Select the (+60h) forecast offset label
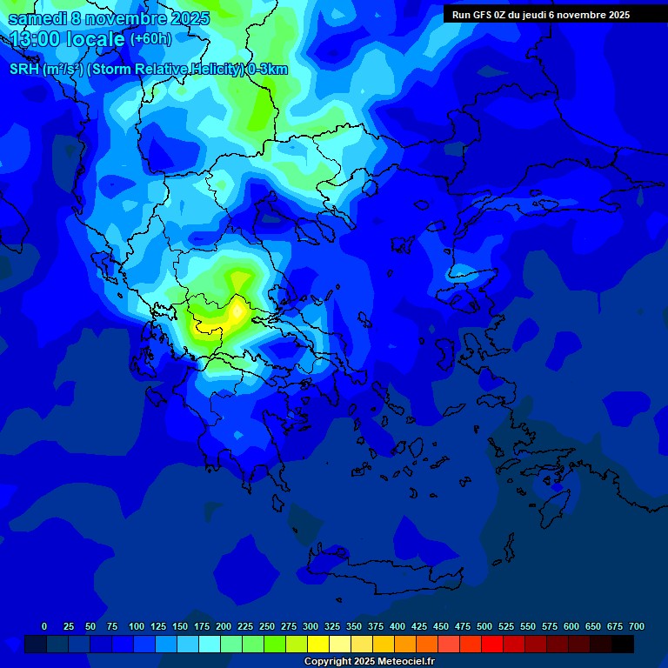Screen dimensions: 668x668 coord(150,39)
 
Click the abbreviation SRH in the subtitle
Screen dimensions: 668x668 coord(24,70)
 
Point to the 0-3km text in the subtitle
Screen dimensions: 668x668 coord(267,70)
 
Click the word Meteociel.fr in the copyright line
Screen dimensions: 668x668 coord(403,662)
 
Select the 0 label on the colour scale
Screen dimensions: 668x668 coord(44,626)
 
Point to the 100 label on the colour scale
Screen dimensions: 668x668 coord(137,626)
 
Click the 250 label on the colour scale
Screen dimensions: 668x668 coord(267,626)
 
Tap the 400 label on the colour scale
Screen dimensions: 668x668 coord(397,626)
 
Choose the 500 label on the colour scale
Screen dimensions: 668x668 coord(484,626)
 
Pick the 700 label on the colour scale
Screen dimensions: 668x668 coord(637,626)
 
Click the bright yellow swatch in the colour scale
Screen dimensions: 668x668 coord(318,644)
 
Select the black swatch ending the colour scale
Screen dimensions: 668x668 coord(623,644)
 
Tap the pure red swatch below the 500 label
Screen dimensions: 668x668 coord(492,644)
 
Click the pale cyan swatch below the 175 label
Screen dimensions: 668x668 coord(210,644)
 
